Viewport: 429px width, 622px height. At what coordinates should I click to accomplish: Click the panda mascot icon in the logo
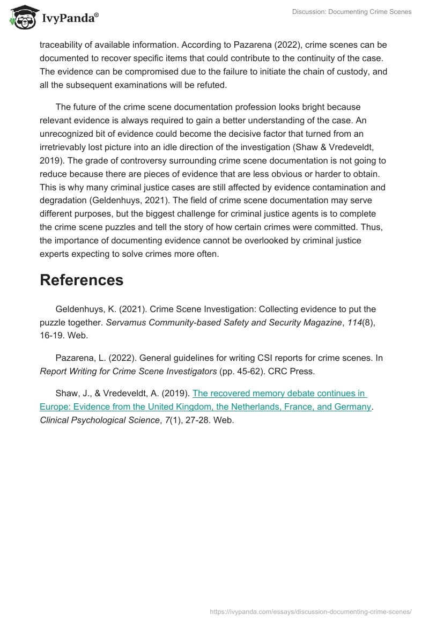pyautogui.click(x=22, y=18)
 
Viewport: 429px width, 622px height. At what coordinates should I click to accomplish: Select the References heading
pyautogui.click(x=82, y=279)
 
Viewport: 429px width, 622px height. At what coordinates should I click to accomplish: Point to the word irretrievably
pyautogui.click(x=65, y=147)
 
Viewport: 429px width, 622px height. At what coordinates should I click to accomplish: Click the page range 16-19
pyautogui.click(x=51, y=335)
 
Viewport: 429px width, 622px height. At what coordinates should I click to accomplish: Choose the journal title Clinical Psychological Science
pyautogui.click(x=99, y=420)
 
